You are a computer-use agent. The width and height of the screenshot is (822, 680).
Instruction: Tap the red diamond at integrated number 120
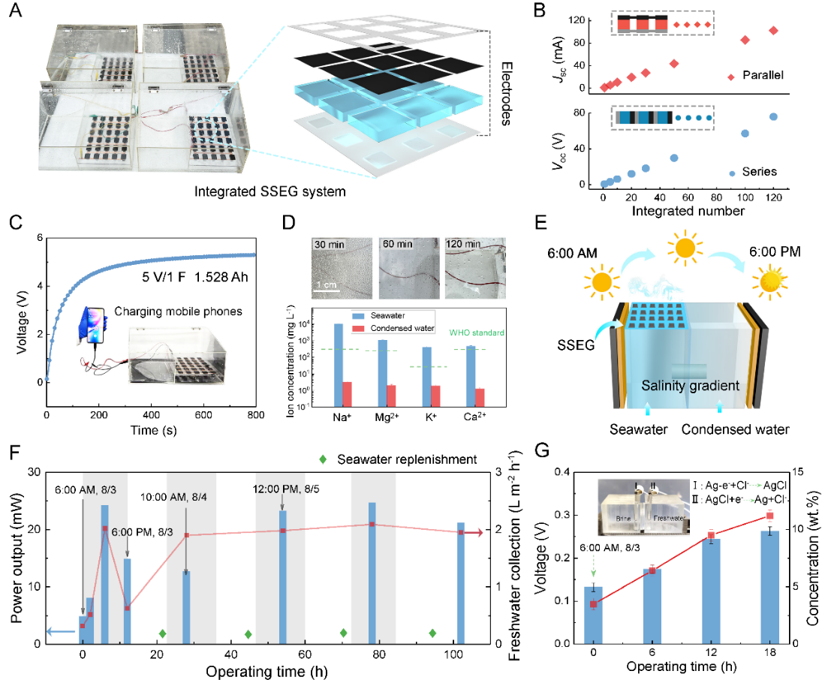pos(773,31)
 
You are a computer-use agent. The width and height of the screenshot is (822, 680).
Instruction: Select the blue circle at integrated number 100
pos(745,134)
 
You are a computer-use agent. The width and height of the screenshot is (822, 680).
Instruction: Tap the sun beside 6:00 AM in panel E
pos(601,283)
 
